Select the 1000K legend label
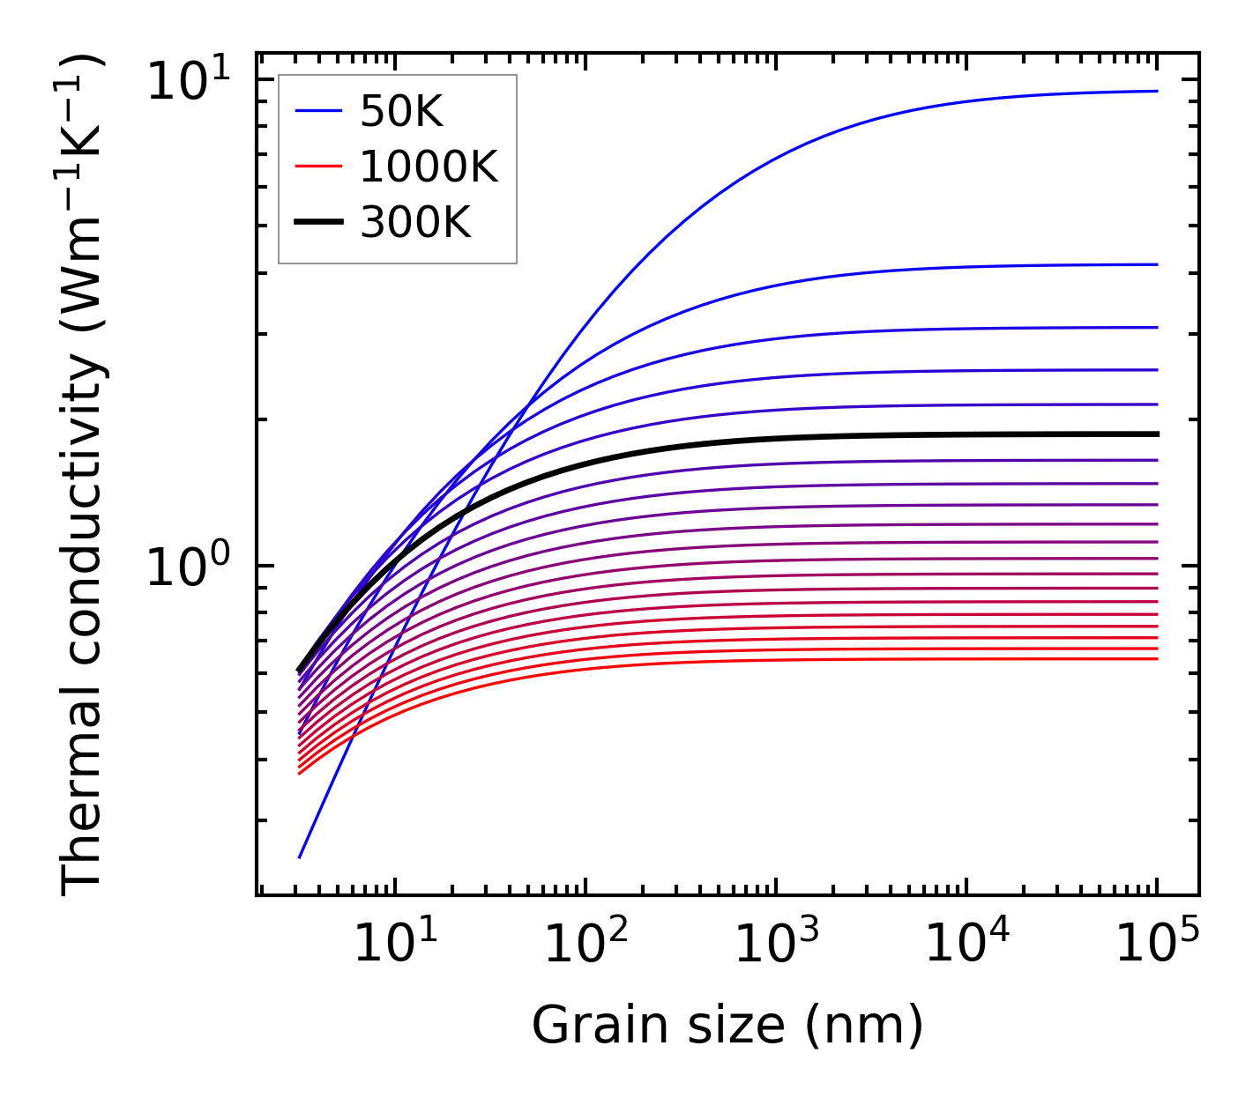429,167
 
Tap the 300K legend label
415,223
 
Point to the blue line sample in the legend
317,111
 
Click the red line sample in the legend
317,167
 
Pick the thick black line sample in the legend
317,223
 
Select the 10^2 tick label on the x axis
585,945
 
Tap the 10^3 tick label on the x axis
775,945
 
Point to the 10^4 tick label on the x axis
966,945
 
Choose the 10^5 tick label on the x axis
1157,945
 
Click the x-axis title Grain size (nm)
727,1026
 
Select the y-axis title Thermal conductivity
83,476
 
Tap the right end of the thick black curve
1157,434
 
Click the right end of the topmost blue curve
1157,91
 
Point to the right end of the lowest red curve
1157,658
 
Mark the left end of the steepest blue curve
301,857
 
